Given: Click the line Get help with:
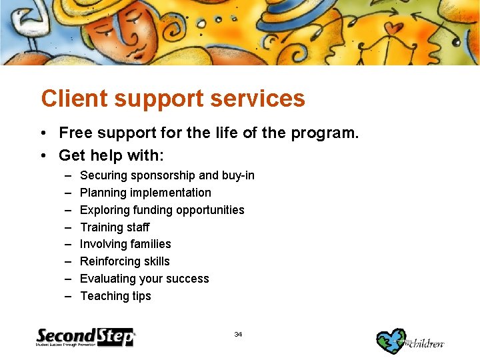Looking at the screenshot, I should (x=111, y=155).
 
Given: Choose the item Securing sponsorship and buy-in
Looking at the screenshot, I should (x=167, y=175).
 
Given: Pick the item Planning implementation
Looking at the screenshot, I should (x=145, y=193).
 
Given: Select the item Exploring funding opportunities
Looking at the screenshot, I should (x=162, y=210).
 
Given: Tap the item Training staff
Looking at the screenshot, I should (x=115, y=227).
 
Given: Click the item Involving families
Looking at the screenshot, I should (x=125, y=244).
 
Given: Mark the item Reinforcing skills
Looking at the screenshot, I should (x=125, y=261).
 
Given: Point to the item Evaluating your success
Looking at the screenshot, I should (x=145, y=279).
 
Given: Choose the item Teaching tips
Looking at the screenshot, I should (x=115, y=296).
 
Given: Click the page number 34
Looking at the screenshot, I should (x=238, y=334).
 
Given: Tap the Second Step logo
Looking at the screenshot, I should (x=85, y=337).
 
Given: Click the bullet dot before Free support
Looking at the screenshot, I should (x=43, y=134).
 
